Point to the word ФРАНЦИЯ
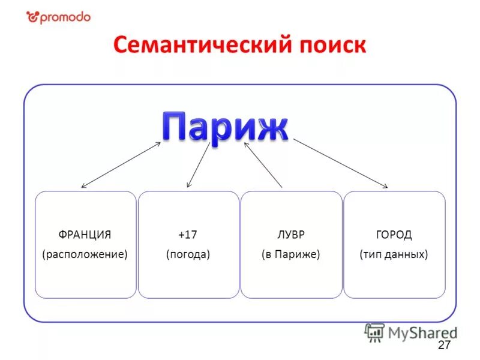[x=85, y=235]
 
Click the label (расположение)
[x=85, y=254]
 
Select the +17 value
[x=188, y=235]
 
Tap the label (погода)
[x=188, y=254]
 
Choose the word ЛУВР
[x=291, y=235]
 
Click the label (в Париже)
[x=291, y=254]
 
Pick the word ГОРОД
[x=394, y=235]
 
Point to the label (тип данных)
[x=394, y=254]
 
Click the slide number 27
[x=444, y=344]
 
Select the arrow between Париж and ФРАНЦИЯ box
[x=121, y=165]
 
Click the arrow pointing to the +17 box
[x=199, y=164]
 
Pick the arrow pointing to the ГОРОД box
[x=340, y=163]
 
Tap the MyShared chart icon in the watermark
[x=375, y=332]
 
